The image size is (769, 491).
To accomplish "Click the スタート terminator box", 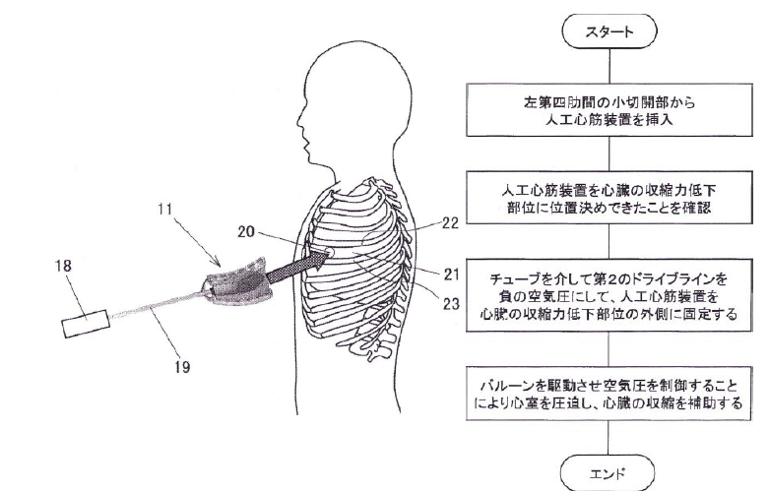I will click(609, 31).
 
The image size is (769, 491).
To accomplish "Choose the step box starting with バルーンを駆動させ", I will click(609, 393).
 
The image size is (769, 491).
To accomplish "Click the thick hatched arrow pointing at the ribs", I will click(290, 268).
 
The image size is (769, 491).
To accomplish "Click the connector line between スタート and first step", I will click(609, 67).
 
